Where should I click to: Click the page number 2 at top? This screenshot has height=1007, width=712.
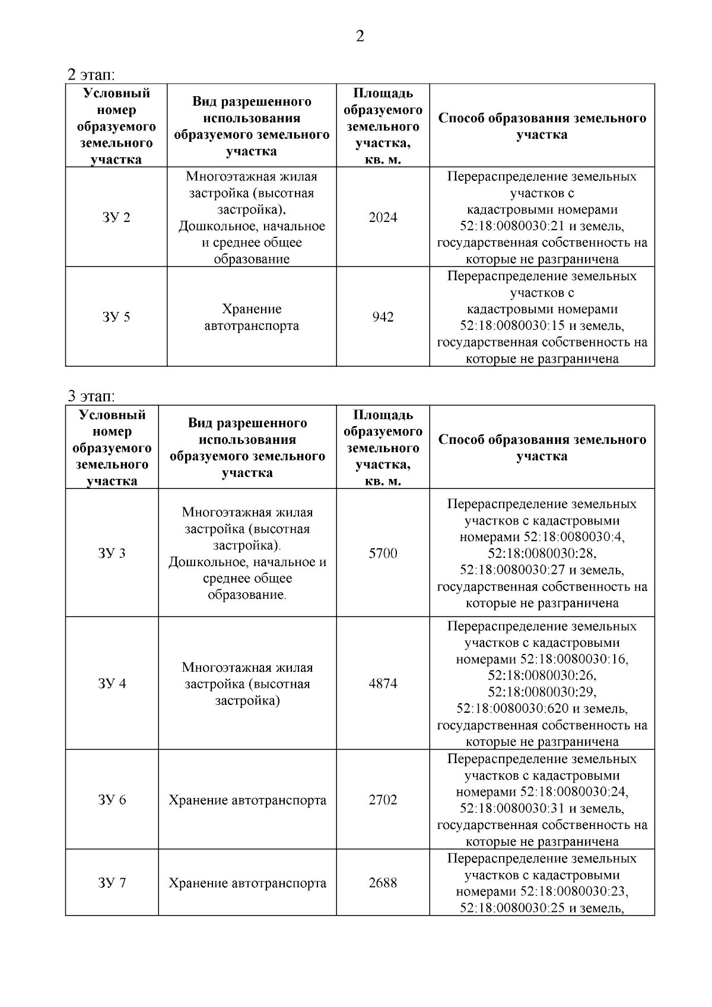(x=360, y=37)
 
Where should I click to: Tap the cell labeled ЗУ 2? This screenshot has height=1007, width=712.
(x=116, y=217)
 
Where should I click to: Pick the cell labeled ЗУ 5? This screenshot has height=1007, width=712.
(x=116, y=317)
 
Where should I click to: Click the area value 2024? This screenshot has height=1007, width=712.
(x=383, y=217)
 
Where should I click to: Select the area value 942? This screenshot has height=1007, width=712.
(x=383, y=317)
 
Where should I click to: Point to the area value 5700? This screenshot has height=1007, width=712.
(x=383, y=554)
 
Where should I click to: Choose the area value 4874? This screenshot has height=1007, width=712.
(x=383, y=684)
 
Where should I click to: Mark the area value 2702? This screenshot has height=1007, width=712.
(x=383, y=800)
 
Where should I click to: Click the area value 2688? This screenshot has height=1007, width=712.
(x=383, y=883)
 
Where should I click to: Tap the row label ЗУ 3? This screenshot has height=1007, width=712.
(x=112, y=554)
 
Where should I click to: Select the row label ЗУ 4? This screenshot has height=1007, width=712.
(x=112, y=684)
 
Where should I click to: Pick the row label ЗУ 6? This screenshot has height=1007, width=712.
(x=112, y=800)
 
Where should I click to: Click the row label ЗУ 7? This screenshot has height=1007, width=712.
(x=112, y=883)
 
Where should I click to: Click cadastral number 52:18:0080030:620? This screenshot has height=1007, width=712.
(x=512, y=709)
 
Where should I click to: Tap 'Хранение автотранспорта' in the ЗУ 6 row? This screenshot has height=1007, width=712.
(x=247, y=800)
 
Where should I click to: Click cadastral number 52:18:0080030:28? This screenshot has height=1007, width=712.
(x=542, y=554)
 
